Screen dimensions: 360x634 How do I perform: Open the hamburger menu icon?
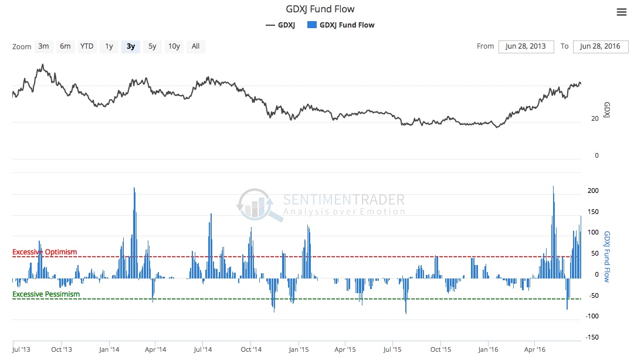(621, 12)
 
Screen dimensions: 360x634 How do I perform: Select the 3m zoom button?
(43, 46)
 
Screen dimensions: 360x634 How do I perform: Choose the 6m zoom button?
(65, 46)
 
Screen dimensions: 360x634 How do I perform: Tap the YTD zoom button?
(87, 46)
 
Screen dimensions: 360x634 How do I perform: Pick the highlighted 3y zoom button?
(131, 46)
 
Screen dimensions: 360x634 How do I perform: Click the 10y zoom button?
(174, 46)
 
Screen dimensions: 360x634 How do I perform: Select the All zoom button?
(195, 46)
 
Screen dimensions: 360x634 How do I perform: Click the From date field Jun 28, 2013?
(526, 46)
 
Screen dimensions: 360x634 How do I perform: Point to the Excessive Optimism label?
(45, 252)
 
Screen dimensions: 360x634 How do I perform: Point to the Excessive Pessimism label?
(46, 294)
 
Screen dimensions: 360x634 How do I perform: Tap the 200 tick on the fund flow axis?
(593, 191)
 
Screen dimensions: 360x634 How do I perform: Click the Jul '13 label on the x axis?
(21, 350)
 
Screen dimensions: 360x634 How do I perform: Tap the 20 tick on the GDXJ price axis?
(595, 118)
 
